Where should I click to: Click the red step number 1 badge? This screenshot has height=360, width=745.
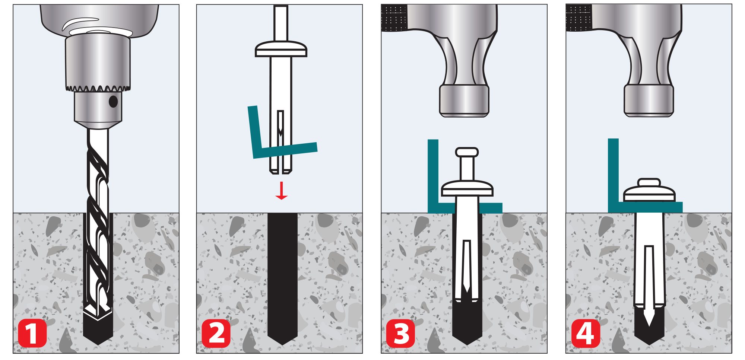[x=32, y=333]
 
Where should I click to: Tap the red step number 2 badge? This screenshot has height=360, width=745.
[x=216, y=333]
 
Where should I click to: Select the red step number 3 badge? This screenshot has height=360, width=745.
[x=400, y=333]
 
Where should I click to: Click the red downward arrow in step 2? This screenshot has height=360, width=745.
[x=281, y=191]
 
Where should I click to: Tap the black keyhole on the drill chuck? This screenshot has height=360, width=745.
[x=113, y=101]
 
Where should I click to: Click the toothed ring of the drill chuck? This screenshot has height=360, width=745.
[x=98, y=89]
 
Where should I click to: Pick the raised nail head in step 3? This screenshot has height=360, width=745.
[x=467, y=152]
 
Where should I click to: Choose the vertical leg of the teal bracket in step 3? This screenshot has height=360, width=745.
[x=433, y=175]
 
